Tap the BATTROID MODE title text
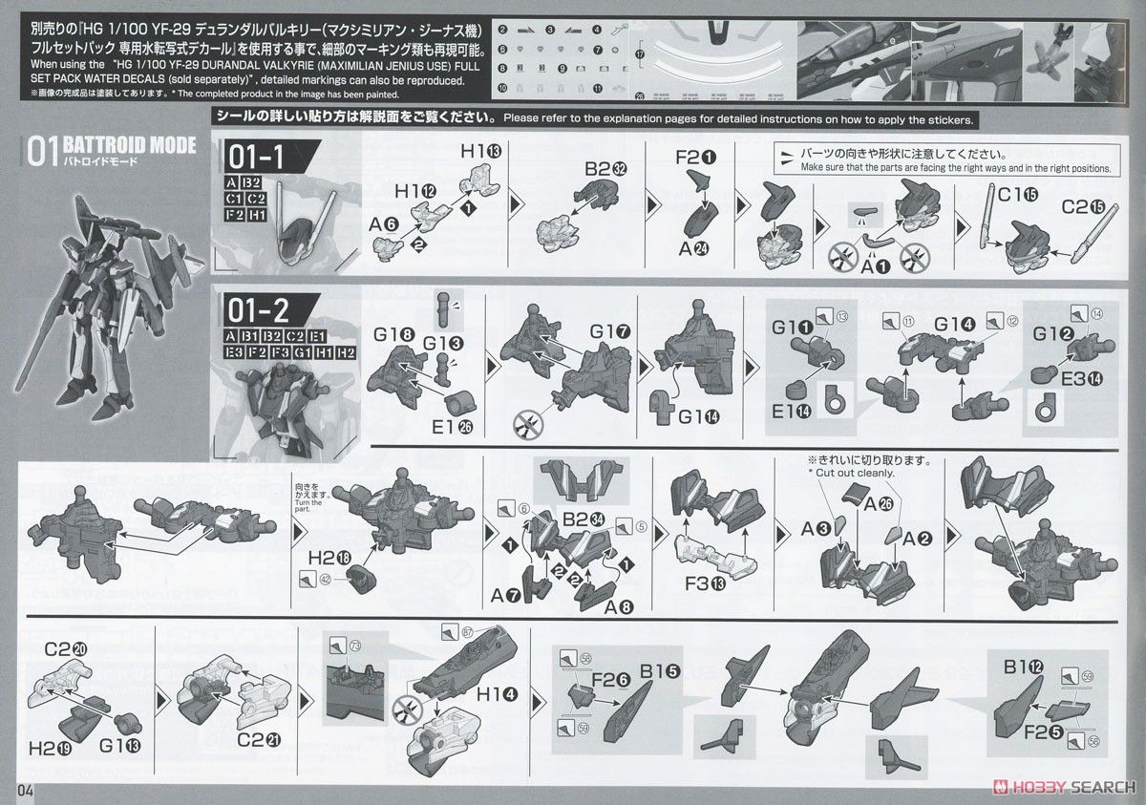pos(129,145)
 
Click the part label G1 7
pos(609,332)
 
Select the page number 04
pos(25,790)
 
